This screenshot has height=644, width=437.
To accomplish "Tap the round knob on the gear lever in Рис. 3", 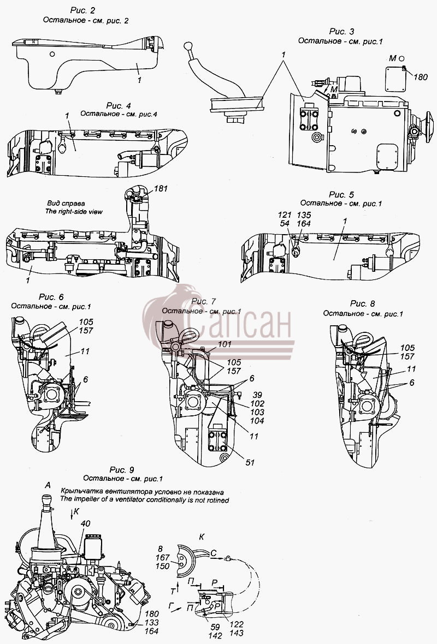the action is (188, 46).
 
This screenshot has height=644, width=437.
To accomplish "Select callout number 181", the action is (161, 189).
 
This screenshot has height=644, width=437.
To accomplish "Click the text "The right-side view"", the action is (74, 212).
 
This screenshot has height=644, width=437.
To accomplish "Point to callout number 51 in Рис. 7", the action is (250, 462).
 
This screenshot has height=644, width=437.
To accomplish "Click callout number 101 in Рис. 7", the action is (225, 344).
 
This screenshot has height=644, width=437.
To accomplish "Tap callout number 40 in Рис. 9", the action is (86, 524).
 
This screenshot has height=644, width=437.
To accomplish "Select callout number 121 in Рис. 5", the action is (285, 215).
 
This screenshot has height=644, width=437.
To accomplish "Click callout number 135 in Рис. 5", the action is (304, 215).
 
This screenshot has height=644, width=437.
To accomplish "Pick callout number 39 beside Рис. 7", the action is (257, 395).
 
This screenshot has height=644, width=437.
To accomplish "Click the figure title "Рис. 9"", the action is (122, 470).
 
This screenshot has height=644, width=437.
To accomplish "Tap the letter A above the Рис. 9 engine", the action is (48, 486).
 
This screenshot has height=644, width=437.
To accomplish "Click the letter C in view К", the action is (214, 553).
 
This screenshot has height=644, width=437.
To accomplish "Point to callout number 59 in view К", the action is (215, 627).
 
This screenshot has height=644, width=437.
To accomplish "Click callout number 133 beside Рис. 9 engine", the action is (152, 623).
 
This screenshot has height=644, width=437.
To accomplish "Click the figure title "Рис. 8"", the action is (362, 304).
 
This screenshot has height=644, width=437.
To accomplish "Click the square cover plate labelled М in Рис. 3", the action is (395, 79).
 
